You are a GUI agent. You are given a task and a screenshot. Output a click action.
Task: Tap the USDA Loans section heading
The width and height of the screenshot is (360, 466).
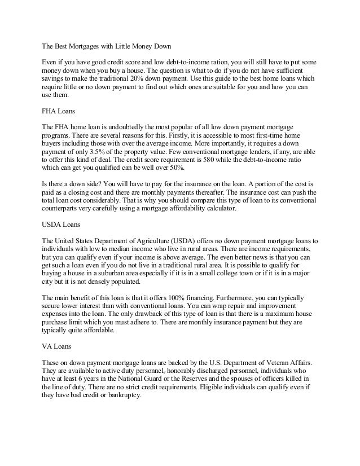coord(63,225)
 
